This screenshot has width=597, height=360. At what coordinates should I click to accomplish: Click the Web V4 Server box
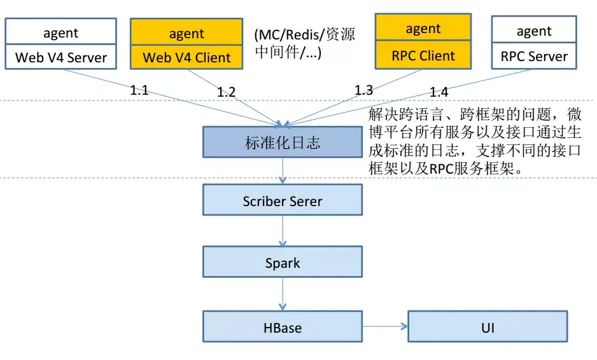click(61, 57)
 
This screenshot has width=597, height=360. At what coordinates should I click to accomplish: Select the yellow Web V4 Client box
click(186, 57)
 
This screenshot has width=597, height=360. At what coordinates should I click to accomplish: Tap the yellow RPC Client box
click(423, 55)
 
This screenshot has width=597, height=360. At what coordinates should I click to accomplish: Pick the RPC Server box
click(534, 55)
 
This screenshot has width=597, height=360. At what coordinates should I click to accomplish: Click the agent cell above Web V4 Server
click(61, 32)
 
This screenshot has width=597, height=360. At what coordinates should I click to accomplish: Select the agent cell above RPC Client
click(423, 27)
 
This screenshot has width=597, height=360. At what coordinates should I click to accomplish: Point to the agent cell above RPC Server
click(534, 29)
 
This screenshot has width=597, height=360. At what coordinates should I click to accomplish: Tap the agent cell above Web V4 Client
click(186, 32)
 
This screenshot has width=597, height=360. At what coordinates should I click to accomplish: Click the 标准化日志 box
click(283, 142)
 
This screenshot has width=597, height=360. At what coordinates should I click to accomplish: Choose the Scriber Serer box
click(283, 200)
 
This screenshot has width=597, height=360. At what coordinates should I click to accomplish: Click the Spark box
click(283, 262)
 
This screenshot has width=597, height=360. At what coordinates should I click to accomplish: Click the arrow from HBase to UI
click(385, 326)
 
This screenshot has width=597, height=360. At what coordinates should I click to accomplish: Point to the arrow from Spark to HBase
click(283, 294)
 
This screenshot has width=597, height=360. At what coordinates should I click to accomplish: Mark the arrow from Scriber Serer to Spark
click(283, 231)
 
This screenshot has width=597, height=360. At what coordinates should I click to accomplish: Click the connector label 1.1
click(139, 90)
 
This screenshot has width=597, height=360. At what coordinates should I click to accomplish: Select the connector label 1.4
click(439, 92)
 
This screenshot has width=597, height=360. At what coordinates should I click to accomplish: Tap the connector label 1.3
click(363, 90)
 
